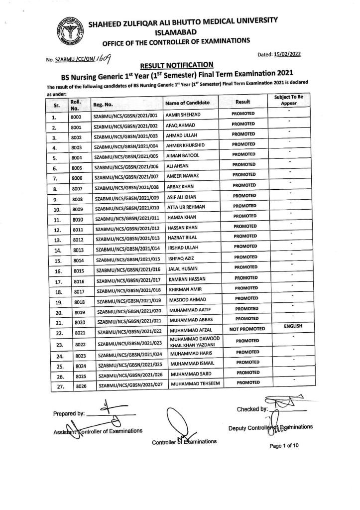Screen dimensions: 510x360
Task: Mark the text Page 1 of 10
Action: point(283,446)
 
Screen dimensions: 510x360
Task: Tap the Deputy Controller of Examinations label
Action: point(270,427)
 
